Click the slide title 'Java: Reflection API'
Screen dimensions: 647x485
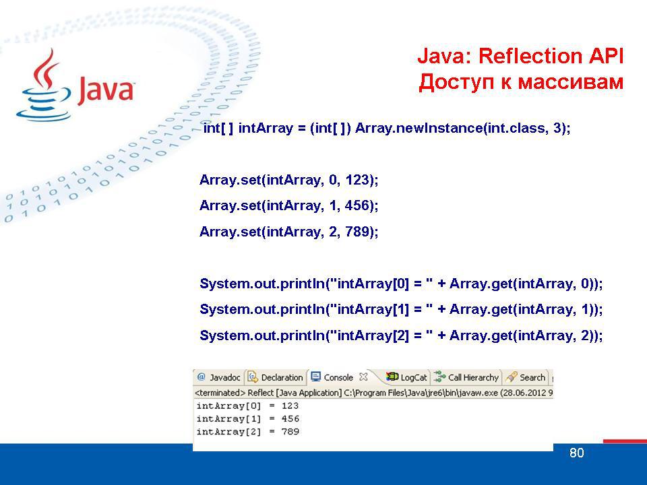520,56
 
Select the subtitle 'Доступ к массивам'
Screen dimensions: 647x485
521,82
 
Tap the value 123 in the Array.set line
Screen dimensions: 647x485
357,180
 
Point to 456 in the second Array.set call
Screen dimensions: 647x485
357,205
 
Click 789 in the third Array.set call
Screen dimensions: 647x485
357,231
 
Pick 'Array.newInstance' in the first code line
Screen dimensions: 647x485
419,128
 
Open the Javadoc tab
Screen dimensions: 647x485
218,377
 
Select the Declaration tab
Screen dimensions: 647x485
276,377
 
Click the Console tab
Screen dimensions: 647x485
332,377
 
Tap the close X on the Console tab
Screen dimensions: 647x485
363,377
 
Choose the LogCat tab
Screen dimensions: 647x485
406,377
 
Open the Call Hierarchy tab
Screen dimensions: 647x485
466,377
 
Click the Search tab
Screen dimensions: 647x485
526,377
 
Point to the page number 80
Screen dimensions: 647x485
576,453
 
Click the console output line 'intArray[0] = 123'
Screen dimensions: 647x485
247,406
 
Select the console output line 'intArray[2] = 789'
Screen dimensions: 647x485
247,432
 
